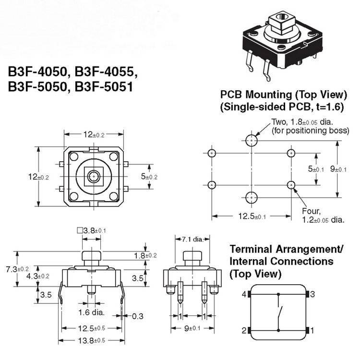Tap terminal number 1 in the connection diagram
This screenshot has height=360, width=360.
click(312, 330)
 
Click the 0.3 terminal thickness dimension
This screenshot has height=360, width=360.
click(138, 316)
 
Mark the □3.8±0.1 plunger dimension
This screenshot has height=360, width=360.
click(91, 230)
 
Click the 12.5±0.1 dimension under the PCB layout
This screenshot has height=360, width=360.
click(250, 216)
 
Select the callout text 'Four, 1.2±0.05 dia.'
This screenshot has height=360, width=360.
click(323, 216)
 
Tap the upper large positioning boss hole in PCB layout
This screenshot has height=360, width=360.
click(251, 140)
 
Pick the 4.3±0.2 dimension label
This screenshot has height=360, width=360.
click(37, 276)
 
